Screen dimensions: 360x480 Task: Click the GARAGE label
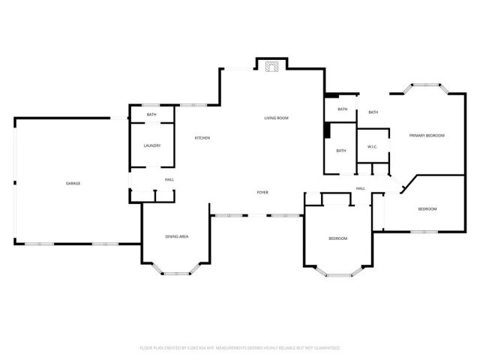click(x=73, y=184)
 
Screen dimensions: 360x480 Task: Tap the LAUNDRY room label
click(x=152, y=145)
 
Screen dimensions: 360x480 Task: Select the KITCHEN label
click(x=202, y=138)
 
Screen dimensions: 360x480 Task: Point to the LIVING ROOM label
click(x=276, y=118)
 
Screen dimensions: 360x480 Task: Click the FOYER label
click(x=262, y=193)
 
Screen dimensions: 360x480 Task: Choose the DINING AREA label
click(x=177, y=237)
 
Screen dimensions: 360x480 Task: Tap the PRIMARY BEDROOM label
click(x=427, y=136)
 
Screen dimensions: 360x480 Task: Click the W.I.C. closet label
click(x=372, y=147)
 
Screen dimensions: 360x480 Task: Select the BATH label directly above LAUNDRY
click(x=151, y=115)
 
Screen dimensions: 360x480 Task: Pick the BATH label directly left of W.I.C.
click(x=341, y=151)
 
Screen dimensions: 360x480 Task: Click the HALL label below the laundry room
click(x=169, y=180)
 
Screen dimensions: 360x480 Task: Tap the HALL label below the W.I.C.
click(x=361, y=188)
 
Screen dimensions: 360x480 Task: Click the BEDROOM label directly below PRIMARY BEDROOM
click(x=427, y=209)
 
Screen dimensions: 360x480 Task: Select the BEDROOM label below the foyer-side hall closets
click(x=338, y=238)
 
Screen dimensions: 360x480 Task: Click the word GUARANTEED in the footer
click(x=325, y=348)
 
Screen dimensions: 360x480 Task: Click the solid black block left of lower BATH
click(x=327, y=130)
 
